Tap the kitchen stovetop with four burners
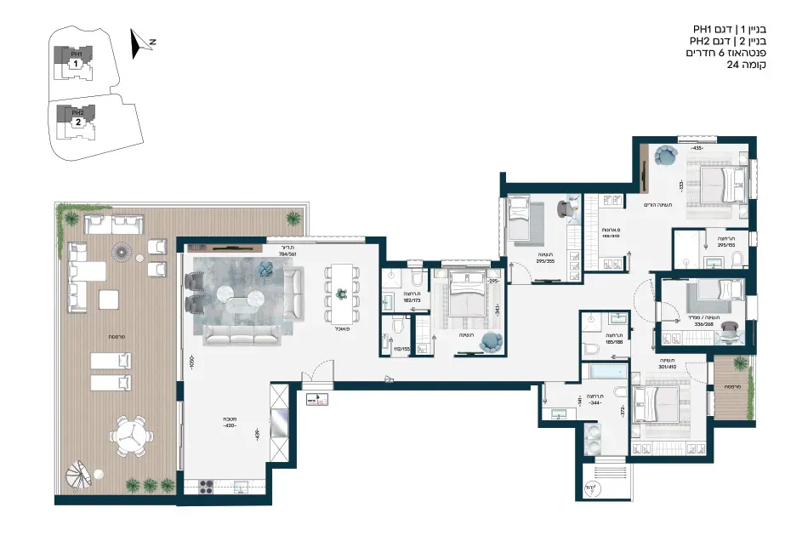205,486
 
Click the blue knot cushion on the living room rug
265,270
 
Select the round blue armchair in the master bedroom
665,156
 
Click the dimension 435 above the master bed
697,148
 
